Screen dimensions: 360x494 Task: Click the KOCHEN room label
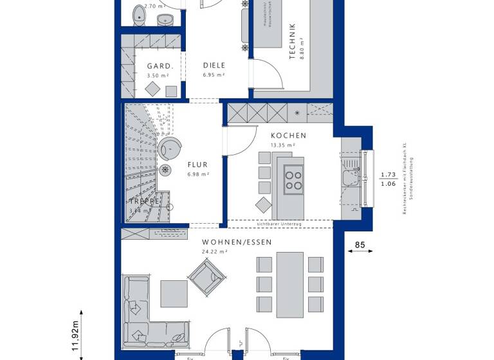point(288,136)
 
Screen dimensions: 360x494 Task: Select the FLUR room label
point(197,165)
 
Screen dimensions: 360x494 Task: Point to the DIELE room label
point(214,66)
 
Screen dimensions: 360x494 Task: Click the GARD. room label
point(159,66)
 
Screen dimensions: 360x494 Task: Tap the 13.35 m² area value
point(283,145)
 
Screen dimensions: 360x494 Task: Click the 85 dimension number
point(360,244)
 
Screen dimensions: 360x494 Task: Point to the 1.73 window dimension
point(387,174)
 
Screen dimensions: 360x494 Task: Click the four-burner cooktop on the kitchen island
point(294,179)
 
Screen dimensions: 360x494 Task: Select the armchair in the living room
point(210,280)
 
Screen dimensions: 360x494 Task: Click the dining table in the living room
point(289,283)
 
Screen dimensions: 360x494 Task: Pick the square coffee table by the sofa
point(174,293)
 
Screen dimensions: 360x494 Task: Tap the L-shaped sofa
point(142,315)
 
